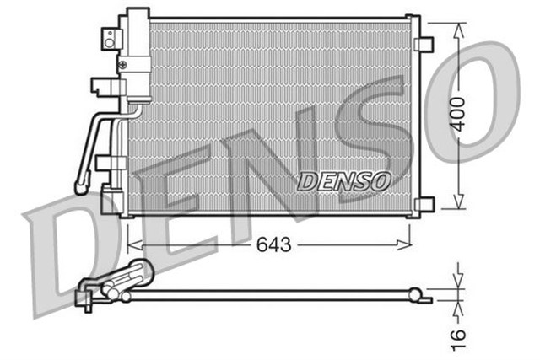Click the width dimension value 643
click(x=273, y=245)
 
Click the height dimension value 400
click(x=457, y=112)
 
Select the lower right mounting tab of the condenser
click(x=424, y=204)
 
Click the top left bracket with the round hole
click(x=108, y=38)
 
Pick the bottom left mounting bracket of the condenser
click(x=110, y=202)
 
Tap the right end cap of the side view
click(x=414, y=293)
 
